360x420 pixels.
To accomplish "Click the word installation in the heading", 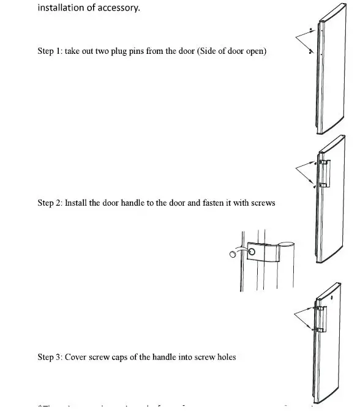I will (60, 8).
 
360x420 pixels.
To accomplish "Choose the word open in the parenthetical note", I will (255, 51).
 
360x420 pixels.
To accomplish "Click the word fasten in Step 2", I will (202, 203).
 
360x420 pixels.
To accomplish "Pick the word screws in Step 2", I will (262, 203).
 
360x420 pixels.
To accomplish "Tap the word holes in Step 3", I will (225, 357).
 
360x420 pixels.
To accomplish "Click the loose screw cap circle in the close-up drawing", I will (234, 253).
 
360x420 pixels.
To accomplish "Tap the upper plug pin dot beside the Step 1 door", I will (312, 29).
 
